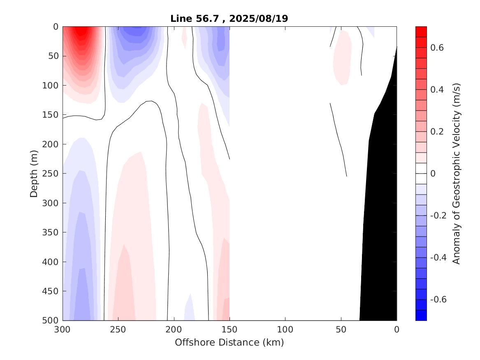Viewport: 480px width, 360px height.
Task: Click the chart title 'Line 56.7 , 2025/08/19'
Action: [x=230, y=19]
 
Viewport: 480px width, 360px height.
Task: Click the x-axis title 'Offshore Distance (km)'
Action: [x=230, y=342]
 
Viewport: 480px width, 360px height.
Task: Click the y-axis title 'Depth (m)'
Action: [x=34, y=173]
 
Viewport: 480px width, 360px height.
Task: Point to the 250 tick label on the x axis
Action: [x=118, y=330]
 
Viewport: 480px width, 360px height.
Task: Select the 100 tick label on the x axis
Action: [x=285, y=330]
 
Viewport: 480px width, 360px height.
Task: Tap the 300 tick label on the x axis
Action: [x=63, y=330]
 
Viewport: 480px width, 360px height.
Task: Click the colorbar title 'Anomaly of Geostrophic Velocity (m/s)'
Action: [x=456, y=173]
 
